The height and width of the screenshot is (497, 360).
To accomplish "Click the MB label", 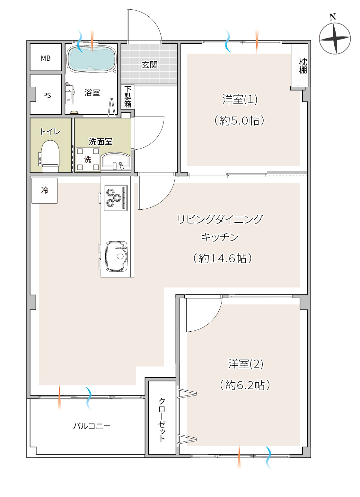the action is pos(46,58).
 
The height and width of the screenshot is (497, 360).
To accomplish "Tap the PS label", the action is pos(47,95).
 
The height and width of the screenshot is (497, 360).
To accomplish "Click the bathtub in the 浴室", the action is pos(92,59).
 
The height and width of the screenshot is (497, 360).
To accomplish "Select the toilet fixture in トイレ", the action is pos(50,156).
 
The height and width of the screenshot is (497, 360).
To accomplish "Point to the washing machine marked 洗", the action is pos(88,159).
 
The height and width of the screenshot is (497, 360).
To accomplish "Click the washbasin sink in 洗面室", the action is pos(116,161).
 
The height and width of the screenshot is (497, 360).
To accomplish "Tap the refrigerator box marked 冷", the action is pos(44,190).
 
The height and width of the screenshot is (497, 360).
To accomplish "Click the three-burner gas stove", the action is pos(116,198).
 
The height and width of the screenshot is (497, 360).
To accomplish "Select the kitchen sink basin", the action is pos(116,256).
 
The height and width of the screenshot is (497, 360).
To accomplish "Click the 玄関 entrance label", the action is pos(150,65).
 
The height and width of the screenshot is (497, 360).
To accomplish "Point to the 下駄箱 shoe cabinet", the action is pos(127,97).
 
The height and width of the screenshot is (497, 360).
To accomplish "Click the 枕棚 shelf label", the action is pos(303,66).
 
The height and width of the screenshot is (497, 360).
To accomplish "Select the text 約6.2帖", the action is pos(245,385).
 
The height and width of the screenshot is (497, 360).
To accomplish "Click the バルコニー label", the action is pos(92,426).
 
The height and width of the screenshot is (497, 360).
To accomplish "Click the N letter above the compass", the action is pos(332,17).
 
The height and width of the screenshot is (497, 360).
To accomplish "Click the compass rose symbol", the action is pos(335,39).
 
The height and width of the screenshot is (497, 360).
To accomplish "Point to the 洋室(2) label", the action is pos(245,364).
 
